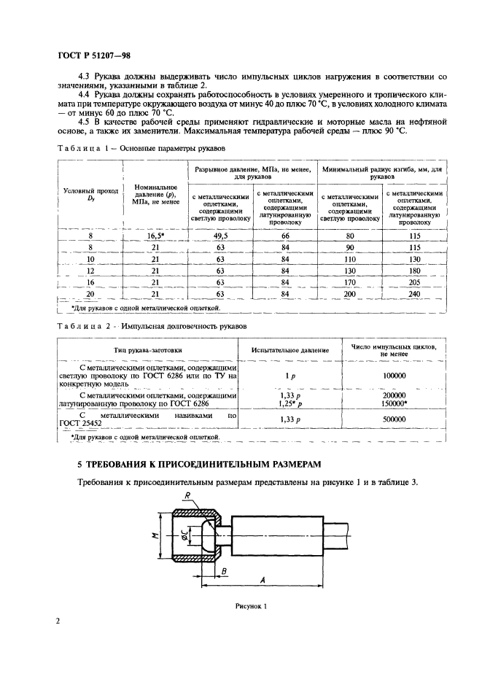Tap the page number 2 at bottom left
(57, 622)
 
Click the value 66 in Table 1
(285, 236)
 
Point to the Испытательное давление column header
(289, 349)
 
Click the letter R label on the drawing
(187, 496)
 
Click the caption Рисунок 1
(251, 605)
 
